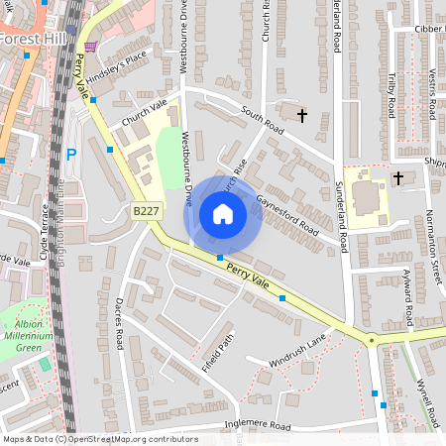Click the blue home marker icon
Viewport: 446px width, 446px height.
(x=223, y=214)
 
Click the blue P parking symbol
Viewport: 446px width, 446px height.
(x=70, y=155)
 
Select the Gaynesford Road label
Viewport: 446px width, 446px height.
(x=287, y=215)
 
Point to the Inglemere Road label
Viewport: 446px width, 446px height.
(x=257, y=426)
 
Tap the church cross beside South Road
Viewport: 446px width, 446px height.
(x=301, y=116)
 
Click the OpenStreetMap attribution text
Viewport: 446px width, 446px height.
(x=99, y=439)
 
